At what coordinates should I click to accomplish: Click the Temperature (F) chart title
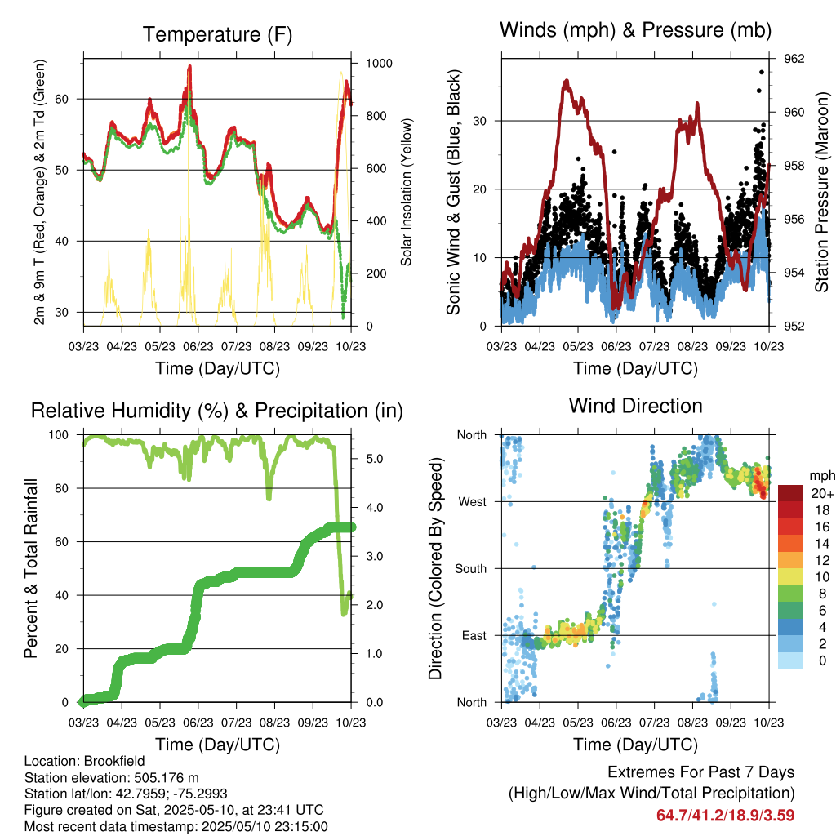pyautogui.click(x=217, y=34)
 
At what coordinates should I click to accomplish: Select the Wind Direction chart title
pyautogui.click(x=635, y=406)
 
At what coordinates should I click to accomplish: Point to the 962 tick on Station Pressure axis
pyautogui.click(x=794, y=59)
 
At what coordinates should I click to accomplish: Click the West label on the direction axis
pyautogui.click(x=472, y=501)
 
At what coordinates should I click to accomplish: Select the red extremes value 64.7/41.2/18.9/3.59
pyautogui.click(x=725, y=815)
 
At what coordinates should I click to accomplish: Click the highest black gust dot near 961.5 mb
pyautogui.click(x=762, y=72)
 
